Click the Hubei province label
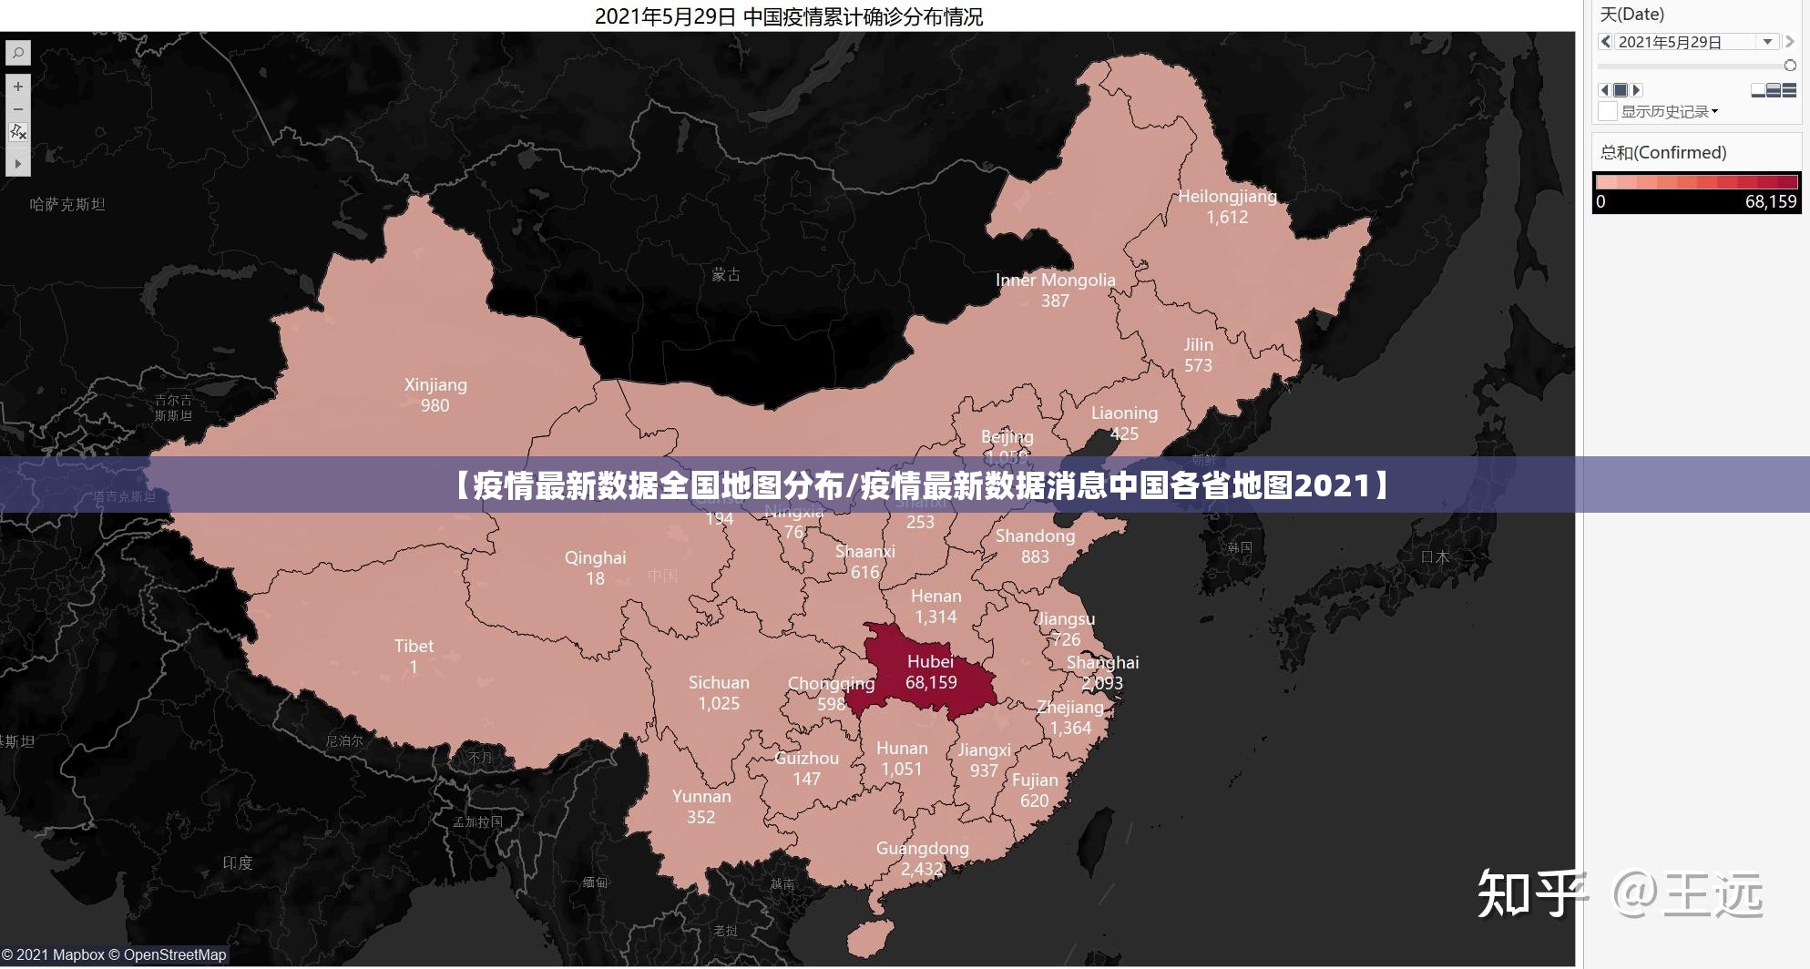pos(930,661)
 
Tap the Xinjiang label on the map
pos(435,384)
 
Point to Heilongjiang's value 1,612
pos(1227,217)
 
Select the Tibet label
pos(414,646)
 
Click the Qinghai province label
pos(595,557)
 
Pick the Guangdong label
pos(922,848)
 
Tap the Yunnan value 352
pos(700,817)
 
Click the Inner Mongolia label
pos(1055,280)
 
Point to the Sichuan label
pos(719,682)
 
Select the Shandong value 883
pos(1035,556)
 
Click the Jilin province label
pos(1198,344)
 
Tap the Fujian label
pos(1035,780)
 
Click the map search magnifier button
pos(17,54)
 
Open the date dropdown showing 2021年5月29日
pos(1767,42)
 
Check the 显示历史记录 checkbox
pos(1608,111)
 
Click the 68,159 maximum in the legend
pos(1770,202)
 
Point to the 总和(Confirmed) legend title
pos(1663,152)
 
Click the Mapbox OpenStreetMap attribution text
pos(113,954)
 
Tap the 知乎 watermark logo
pos(1530,893)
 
